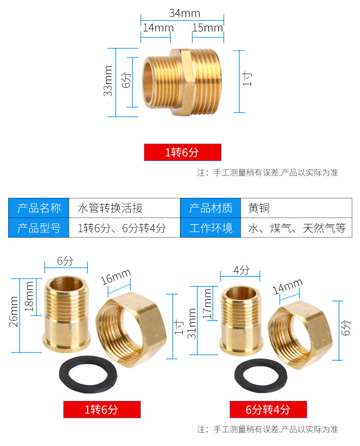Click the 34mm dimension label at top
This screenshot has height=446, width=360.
tap(185, 13)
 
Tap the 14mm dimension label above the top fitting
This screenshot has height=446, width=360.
tap(155, 27)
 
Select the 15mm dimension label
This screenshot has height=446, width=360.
tap(207, 27)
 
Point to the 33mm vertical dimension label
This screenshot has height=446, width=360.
tap(108, 81)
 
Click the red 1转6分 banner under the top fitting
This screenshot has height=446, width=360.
tap(182, 152)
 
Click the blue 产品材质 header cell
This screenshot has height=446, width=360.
tap(211, 208)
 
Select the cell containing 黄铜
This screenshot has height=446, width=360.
tap(259, 208)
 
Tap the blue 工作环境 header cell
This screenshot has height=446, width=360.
tap(211, 228)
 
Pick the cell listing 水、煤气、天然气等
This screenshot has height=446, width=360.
tap(297, 228)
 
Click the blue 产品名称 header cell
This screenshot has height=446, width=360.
tap(39, 208)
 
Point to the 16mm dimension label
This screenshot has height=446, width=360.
tap(116, 278)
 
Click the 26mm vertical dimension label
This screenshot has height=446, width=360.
tap(14, 311)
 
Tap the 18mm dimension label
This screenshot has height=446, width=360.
tap(30, 296)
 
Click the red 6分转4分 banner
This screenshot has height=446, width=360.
tap(268, 409)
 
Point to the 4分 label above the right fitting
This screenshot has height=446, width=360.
tap(241, 270)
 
